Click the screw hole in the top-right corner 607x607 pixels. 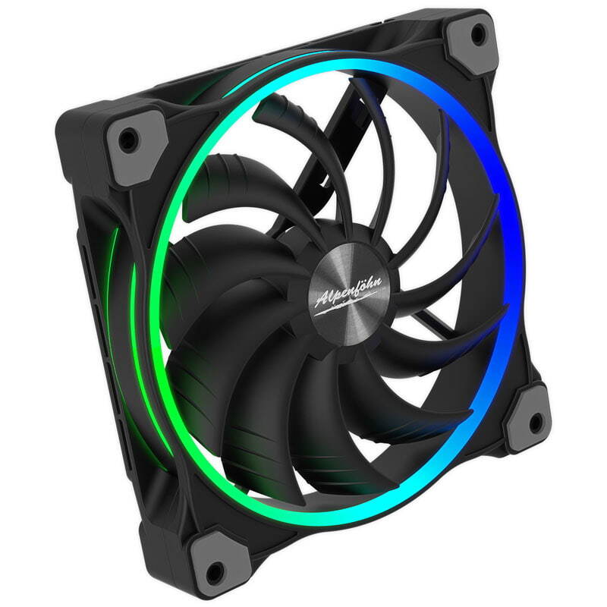pyautogui.click(x=478, y=33)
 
